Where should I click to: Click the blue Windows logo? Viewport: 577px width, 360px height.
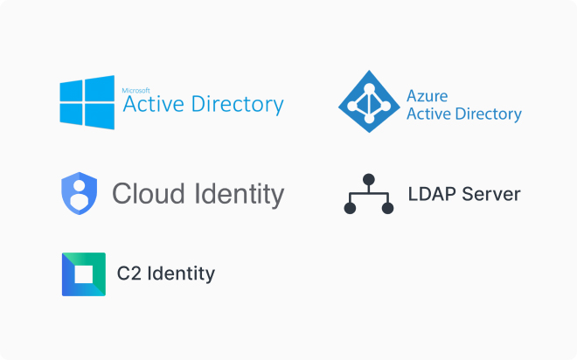pos(86,102)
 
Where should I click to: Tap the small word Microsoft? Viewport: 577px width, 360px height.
pos(136,89)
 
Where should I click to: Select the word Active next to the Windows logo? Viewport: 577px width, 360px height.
pos(150,106)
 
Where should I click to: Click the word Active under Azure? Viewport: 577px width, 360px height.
pos(428,114)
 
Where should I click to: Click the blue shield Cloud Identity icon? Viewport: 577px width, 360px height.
pos(80,193)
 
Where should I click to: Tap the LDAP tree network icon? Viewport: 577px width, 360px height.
pos(369,194)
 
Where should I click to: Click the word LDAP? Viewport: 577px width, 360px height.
pos(429,194)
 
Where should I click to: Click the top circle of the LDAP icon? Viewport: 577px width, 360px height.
pos(369,180)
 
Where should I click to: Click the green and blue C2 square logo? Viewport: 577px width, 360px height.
pos(84,274)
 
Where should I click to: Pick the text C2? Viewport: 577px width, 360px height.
pos(129,273)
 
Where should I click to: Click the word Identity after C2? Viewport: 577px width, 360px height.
pos(180,273)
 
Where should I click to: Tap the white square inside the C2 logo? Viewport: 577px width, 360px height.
pos(84,274)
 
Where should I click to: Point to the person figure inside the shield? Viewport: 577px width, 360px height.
pos(80,194)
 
